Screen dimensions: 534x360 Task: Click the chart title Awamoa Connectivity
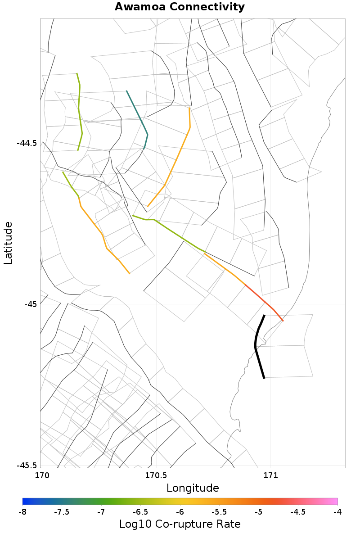click(180, 7)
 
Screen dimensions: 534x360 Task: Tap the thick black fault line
click(256, 347)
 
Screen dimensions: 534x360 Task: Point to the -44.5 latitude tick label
click(27, 143)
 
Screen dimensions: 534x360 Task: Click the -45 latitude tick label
click(31, 304)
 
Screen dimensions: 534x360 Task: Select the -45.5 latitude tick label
click(27, 466)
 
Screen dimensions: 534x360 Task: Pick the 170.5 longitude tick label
click(156, 475)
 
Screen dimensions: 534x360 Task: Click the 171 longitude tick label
click(270, 475)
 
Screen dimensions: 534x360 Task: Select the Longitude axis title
click(193, 488)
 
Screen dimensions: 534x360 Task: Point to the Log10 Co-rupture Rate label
click(180, 524)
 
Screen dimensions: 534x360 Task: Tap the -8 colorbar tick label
click(22, 512)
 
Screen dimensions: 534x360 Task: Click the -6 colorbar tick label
click(180, 512)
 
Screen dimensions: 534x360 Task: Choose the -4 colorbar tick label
click(337, 512)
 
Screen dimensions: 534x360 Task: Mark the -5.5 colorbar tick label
click(219, 512)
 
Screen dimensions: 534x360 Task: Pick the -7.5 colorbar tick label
click(62, 512)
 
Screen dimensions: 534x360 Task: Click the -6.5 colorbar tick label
click(140, 512)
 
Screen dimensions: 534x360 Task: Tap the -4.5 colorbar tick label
click(298, 512)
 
